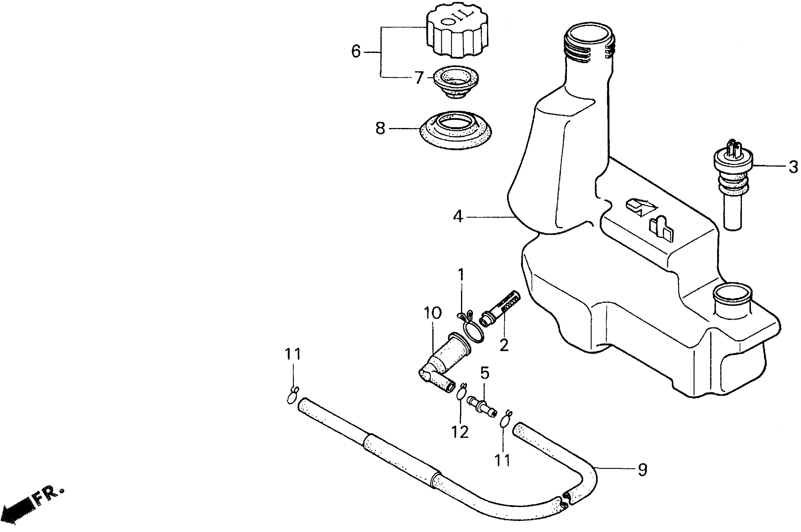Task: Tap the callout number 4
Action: [458, 217]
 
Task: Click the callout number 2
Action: [504, 345]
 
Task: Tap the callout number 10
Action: [433, 313]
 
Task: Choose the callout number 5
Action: [485, 374]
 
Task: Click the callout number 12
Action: [460, 432]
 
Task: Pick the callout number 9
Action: [643, 470]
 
